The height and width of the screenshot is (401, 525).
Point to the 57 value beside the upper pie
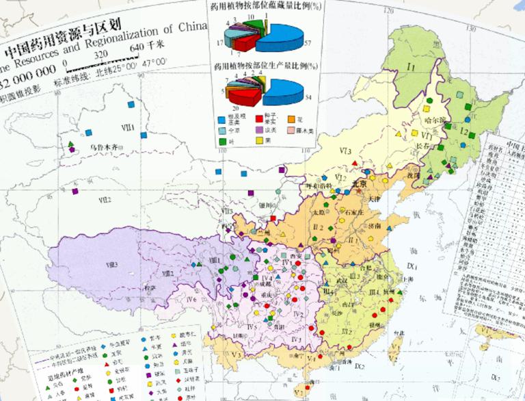click(308, 43)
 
